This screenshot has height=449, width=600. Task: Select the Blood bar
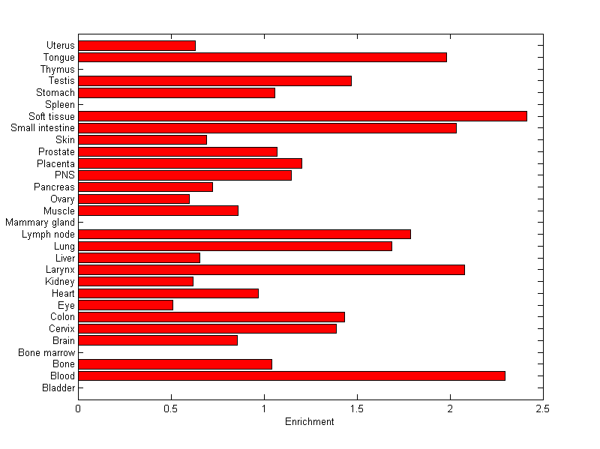tap(292, 376)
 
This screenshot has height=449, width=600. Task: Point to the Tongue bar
tap(262, 57)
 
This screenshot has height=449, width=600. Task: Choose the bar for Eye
tap(125, 305)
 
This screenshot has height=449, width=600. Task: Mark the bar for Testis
tap(214, 81)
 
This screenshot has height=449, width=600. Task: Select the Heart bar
tap(168, 293)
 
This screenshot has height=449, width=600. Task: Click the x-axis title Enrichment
tap(310, 422)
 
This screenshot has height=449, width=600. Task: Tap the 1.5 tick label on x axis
tap(357, 409)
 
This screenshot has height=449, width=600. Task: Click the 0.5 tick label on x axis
tap(171, 409)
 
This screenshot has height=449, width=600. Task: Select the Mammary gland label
tap(40, 223)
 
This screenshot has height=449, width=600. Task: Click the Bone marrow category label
tap(47, 352)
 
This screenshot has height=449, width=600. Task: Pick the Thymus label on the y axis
tap(58, 70)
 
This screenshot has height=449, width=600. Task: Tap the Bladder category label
tap(58, 388)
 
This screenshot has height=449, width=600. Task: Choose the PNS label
tap(64, 175)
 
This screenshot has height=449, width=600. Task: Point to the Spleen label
tap(60, 105)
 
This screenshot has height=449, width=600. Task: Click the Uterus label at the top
tap(60, 46)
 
